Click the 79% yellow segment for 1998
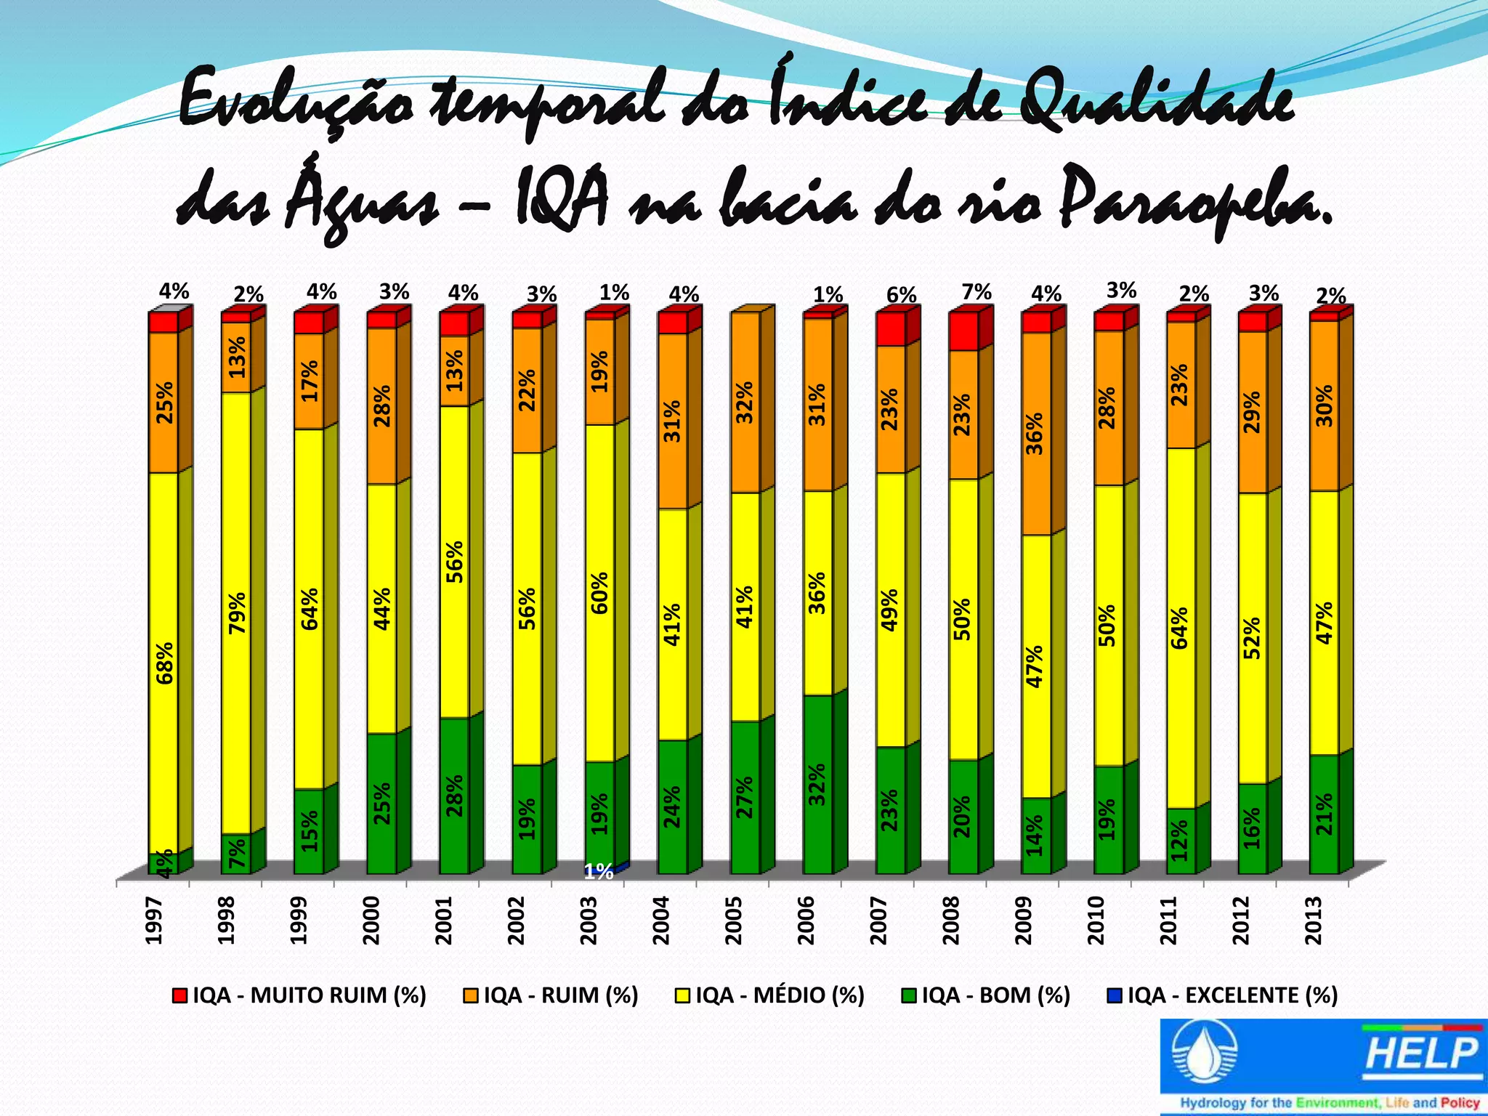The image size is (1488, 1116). (x=237, y=612)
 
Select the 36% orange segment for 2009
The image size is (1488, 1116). (x=1036, y=434)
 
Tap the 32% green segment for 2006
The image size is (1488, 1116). (x=818, y=784)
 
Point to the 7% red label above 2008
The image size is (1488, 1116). (x=976, y=292)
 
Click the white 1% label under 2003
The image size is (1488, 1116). (x=599, y=873)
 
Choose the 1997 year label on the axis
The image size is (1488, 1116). (x=153, y=921)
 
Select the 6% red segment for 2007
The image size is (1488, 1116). (x=891, y=329)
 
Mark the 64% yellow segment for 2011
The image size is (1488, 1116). (x=1181, y=628)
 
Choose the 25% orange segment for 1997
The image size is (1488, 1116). (x=164, y=403)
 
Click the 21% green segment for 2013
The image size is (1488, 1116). (x=1325, y=814)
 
